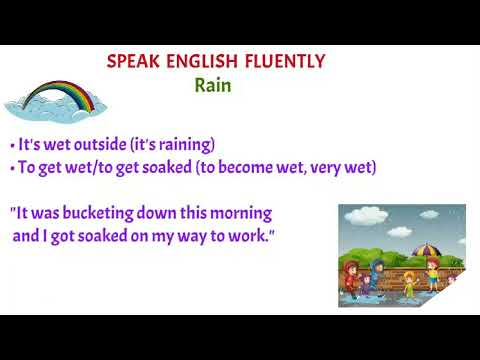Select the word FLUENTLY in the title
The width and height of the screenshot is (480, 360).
(x=283, y=62)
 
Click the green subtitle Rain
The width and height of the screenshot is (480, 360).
(x=213, y=85)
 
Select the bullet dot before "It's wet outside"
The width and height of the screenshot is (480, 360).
(x=10, y=145)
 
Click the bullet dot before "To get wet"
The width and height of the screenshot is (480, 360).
(x=10, y=169)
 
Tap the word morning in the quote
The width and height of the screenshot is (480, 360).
(x=241, y=213)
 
